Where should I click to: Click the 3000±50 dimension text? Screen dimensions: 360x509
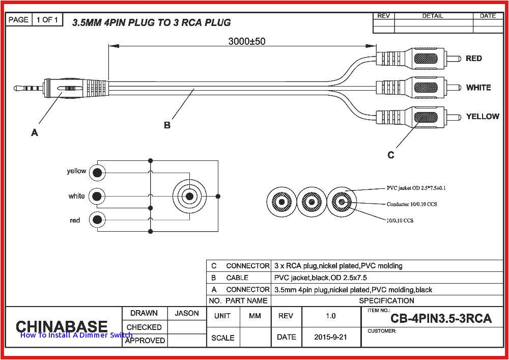coord(246,41)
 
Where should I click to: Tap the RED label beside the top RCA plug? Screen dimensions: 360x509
coord(473,59)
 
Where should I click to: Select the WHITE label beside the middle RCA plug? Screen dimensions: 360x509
coord(478,88)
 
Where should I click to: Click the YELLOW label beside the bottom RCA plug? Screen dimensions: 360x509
coord(482,117)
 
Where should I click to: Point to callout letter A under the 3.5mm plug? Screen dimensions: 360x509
coord(35,133)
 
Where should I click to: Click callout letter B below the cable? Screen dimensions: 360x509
coord(167,125)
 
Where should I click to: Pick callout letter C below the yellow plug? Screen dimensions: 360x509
coord(391,155)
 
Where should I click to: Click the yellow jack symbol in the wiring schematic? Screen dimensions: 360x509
coord(97,173)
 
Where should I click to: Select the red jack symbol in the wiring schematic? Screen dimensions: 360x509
coord(97,220)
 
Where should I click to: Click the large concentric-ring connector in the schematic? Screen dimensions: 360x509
coord(190,196)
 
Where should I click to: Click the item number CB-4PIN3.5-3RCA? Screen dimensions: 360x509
coord(441,319)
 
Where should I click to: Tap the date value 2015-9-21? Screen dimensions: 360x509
coord(331,337)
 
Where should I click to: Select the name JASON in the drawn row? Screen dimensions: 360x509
coord(187,313)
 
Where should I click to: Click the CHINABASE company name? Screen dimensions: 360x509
coord(62,326)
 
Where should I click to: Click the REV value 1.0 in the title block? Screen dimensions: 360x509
coord(331,316)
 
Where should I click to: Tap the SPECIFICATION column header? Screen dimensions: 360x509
coord(387,300)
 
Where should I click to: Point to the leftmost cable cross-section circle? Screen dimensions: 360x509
coord(281,202)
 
